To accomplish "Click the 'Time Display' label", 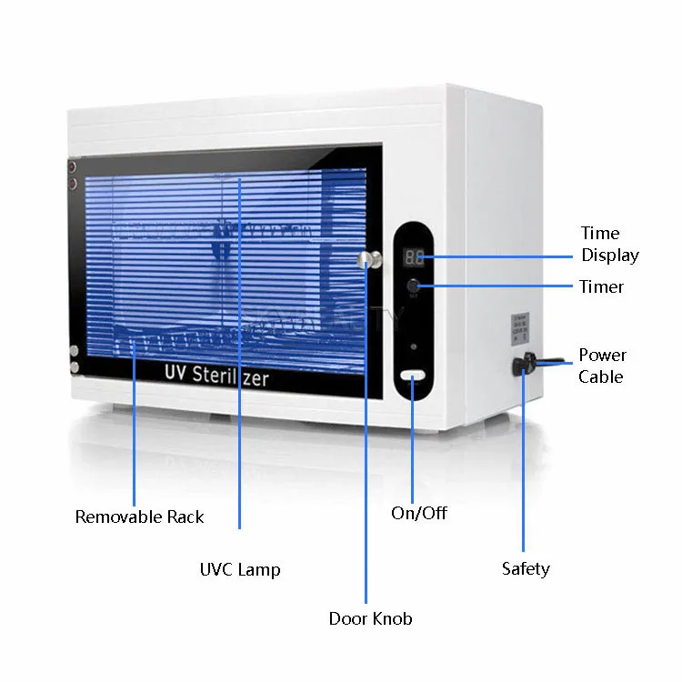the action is point(609,245).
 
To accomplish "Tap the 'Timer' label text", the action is point(601,286).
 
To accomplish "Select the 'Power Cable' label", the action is point(602,366).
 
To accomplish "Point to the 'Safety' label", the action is point(526,569).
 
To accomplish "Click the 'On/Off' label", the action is point(419,514).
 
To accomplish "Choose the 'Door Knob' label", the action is point(370,619).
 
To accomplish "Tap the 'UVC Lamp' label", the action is point(240,570).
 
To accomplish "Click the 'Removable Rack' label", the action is point(139,517).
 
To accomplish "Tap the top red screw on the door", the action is point(70,167).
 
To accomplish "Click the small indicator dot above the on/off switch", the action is point(415,346).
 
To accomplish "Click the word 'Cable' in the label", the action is point(600,376).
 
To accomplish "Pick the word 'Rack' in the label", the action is point(184,517).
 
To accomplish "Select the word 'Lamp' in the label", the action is point(260,570).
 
